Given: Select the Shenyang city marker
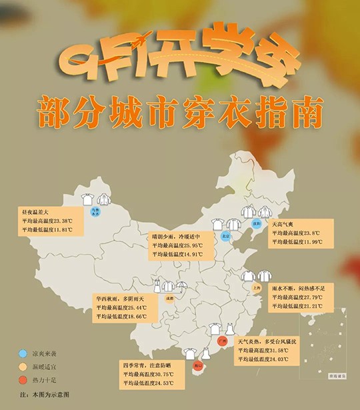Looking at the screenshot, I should (254, 225).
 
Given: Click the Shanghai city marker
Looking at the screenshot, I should (257, 289).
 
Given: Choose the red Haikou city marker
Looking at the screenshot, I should (197, 366).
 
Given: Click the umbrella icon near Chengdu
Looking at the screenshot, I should (182, 287).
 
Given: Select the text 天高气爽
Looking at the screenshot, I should (284, 225).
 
